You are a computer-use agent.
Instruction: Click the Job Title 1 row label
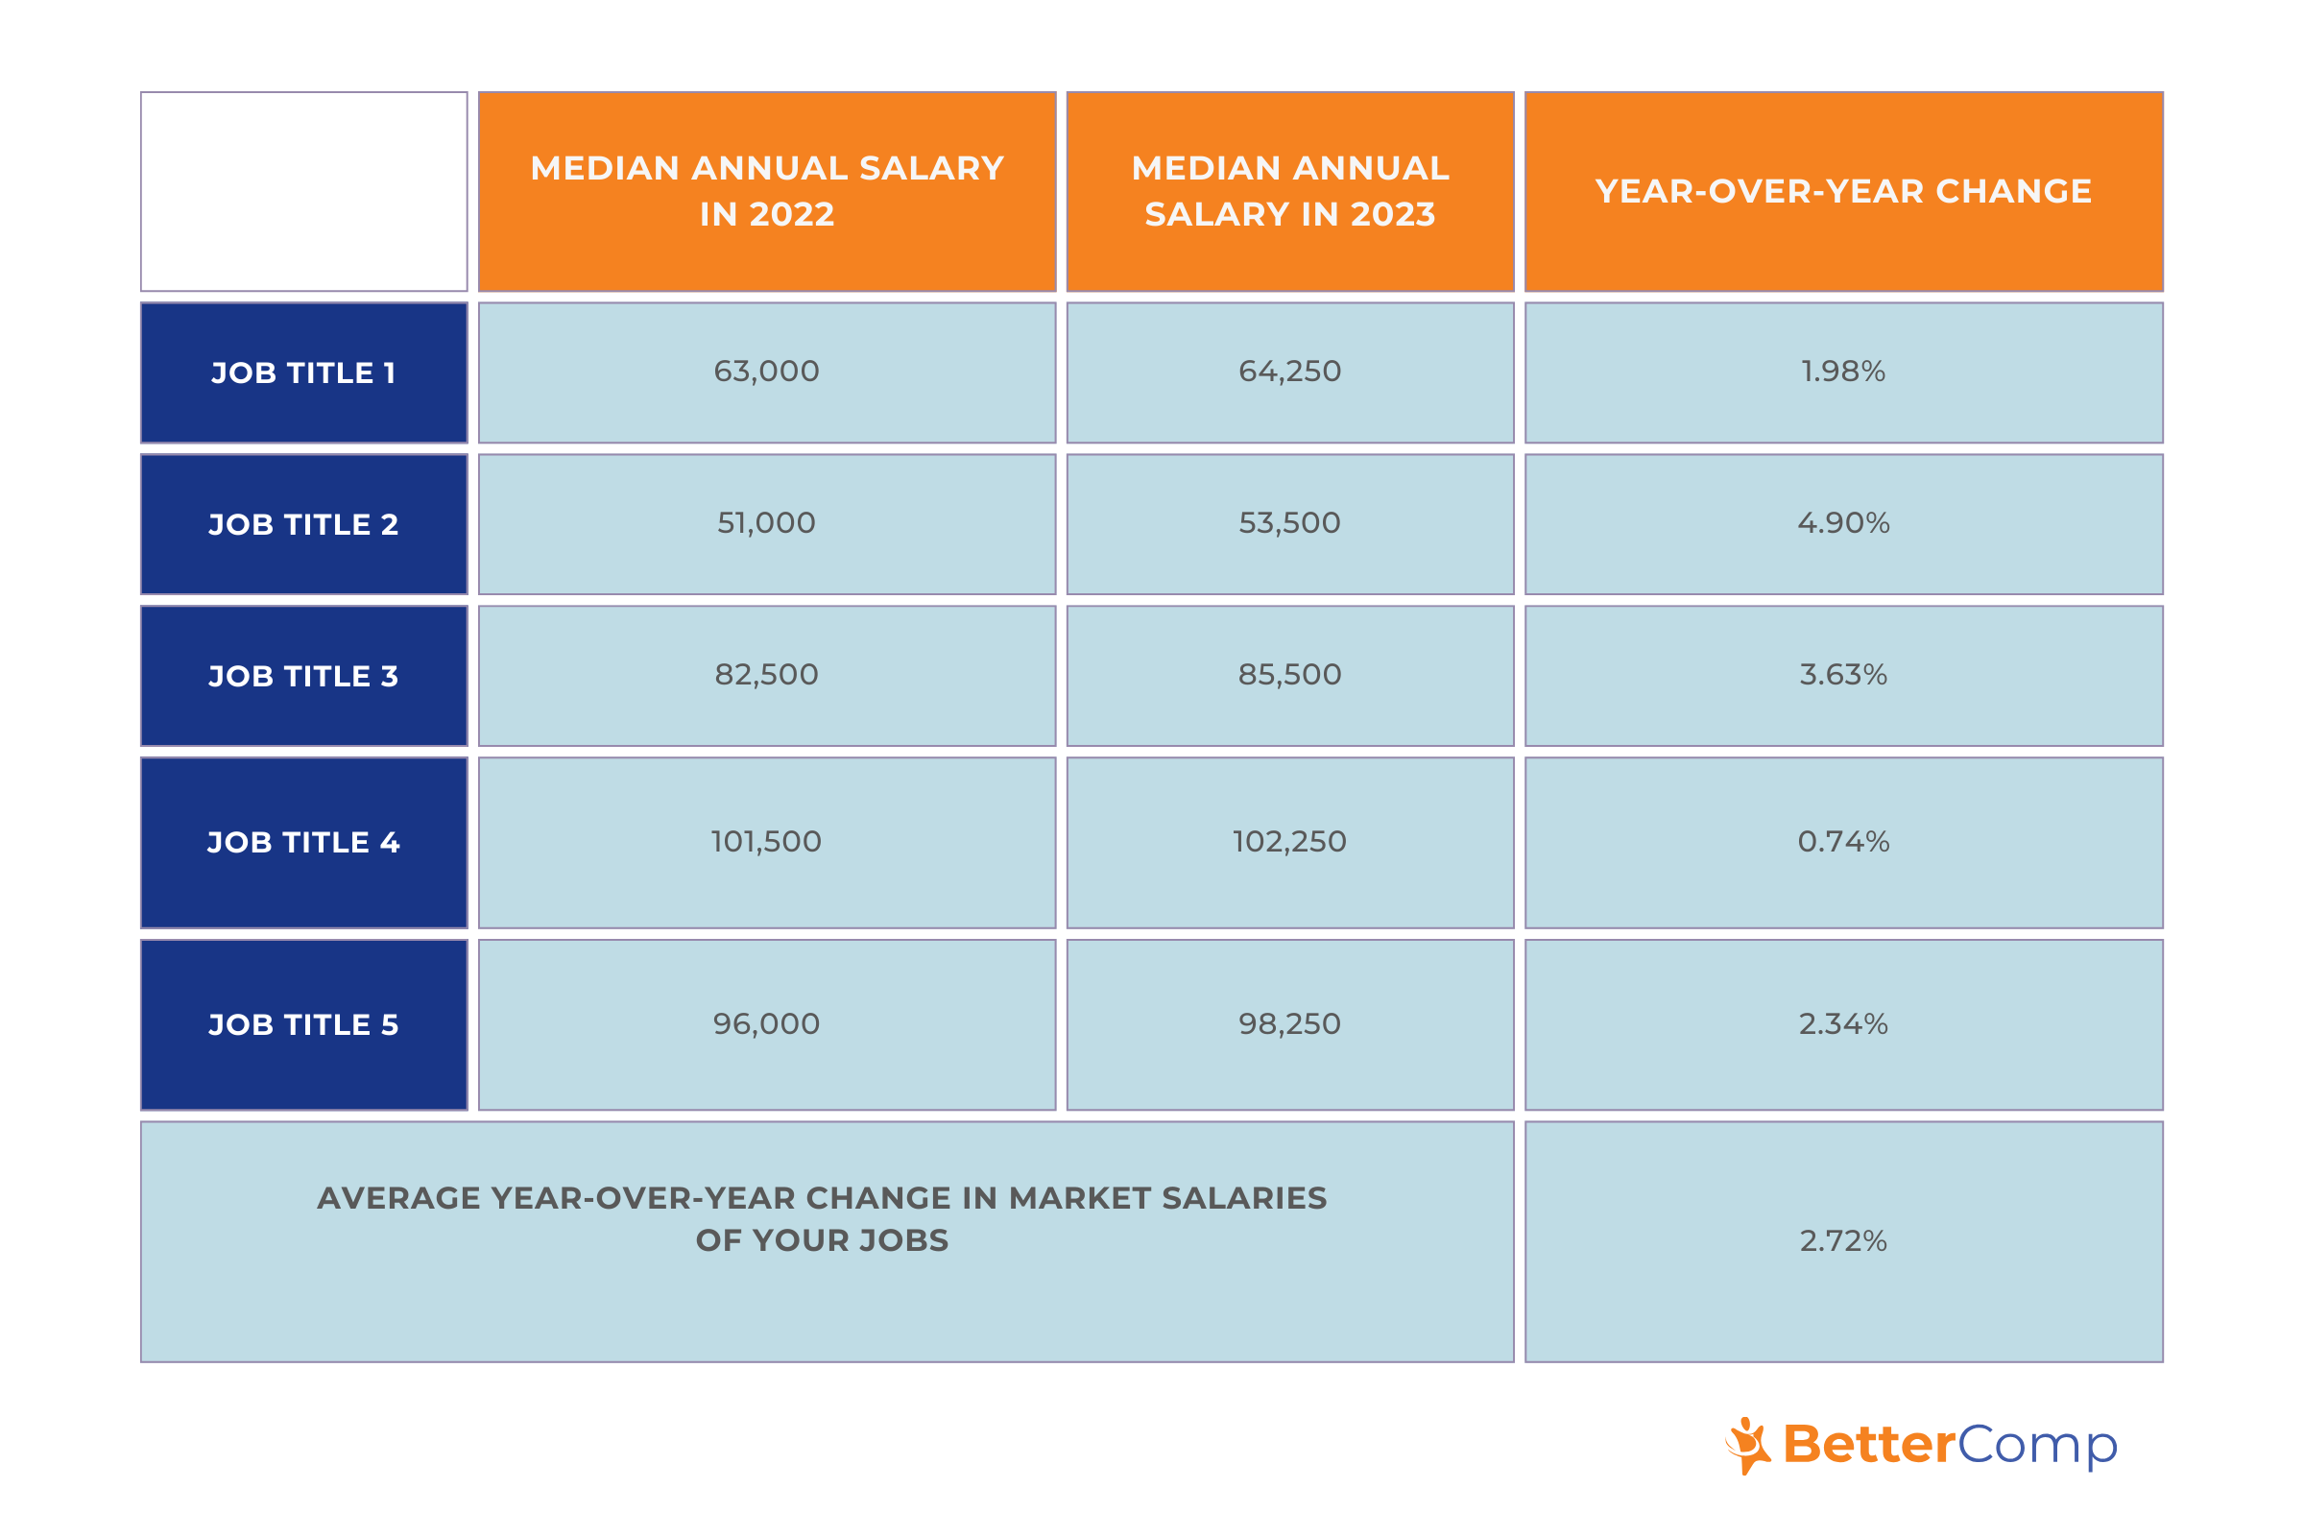[303, 373]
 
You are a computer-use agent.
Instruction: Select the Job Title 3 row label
[303, 676]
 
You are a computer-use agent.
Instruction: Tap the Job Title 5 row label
[303, 1024]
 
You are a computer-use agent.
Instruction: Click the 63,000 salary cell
[766, 372]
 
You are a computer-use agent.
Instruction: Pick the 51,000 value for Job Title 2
[766, 523]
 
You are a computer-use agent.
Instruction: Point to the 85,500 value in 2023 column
[1289, 675]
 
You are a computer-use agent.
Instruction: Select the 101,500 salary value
[766, 842]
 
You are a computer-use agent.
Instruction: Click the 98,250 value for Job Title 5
[1289, 1023]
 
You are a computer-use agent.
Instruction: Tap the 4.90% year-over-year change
[1842, 523]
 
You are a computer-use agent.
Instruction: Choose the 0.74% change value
[1842, 842]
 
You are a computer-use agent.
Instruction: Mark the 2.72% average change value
[1842, 1241]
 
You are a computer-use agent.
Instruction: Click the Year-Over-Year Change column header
[1842, 191]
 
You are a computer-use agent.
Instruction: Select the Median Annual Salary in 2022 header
[766, 191]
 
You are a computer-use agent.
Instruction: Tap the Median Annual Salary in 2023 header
[1289, 191]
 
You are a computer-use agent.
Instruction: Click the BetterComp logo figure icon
[1747, 1445]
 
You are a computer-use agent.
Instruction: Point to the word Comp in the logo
[2036, 1446]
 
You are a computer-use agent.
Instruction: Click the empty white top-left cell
[303, 191]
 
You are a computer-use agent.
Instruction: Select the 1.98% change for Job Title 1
[1842, 372]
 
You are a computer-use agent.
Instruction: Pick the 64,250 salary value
[1289, 372]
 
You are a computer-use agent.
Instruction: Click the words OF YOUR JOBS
[822, 1240]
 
